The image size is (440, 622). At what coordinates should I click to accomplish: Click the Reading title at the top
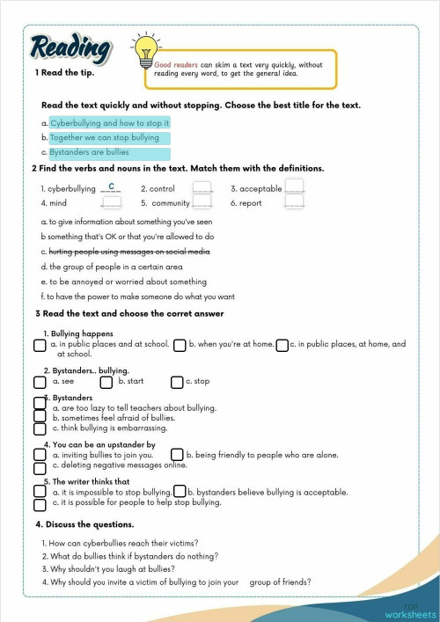click(x=70, y=48)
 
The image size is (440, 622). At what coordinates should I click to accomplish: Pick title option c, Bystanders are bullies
click(x=89, y=152)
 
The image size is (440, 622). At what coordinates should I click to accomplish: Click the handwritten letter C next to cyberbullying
click(x=111, y=187)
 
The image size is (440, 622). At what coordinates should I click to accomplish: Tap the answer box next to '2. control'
click(x=202, y=188)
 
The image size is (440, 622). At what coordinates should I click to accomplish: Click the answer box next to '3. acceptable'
click(x=295, y=187)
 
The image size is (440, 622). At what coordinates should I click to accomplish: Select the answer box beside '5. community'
click(x=202, y=202)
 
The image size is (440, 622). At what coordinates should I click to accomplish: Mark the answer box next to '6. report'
click(x=295, y=202)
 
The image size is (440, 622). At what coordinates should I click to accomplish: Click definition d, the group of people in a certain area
click(x=112, y=267)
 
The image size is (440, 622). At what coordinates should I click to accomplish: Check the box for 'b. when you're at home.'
click(x=180, y=346)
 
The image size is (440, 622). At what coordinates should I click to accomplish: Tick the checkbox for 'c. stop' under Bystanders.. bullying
click(x=177, y=383)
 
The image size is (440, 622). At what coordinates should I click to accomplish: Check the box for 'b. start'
click(x=106, y=383)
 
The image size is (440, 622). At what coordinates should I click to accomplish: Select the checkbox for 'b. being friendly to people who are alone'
click(x=177, y=455)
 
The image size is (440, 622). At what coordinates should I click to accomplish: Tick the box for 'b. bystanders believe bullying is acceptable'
click(x=180, y=492)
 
